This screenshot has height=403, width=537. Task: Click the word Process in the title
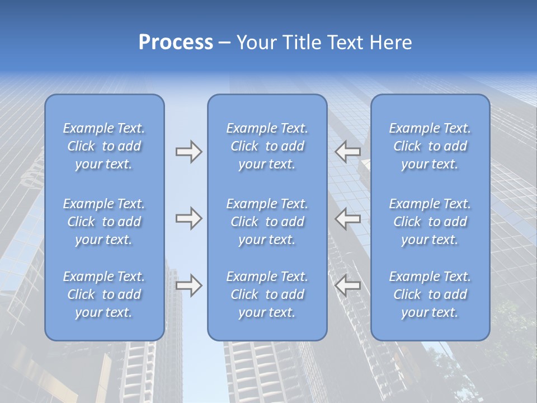click(176, 43)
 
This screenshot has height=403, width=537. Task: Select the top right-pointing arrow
click(189, 152)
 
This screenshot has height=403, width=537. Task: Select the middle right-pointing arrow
click(189, 218)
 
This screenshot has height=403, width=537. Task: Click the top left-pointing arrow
click(347, 151)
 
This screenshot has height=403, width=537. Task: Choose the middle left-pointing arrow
click(347, 218)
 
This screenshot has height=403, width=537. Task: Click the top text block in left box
click(104, 146)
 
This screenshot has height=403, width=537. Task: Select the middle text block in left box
click(104, 222)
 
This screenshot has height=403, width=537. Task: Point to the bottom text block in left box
click(104, 294)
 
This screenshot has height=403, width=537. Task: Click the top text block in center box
click(267, 146)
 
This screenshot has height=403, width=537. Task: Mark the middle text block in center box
click(267, 222)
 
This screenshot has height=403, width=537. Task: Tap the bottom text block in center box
click(267, 294)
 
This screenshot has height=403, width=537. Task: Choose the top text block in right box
click(430, 146)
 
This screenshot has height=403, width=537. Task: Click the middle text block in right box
click(430, 222)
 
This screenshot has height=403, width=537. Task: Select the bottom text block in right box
click(430, 294)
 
